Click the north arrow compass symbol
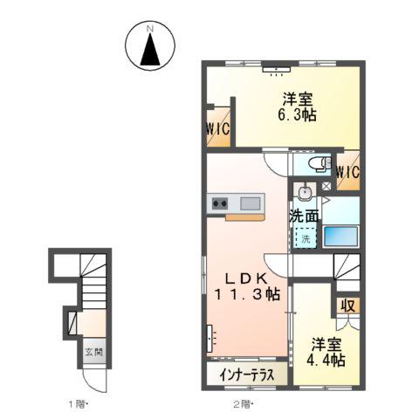pyautogui.click(x=149, y=49)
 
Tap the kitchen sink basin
pyautogui.click(x=249, y=205)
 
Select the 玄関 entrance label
pyautogui.click(x=93, y=354)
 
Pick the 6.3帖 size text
pyautogui.click(x=298, y=114)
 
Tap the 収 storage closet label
pyautogui.click(x=347, y=306)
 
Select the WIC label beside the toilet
pyautogui.click(x=348, y=171)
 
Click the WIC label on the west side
pyautogui.click(x=218, y=130)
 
